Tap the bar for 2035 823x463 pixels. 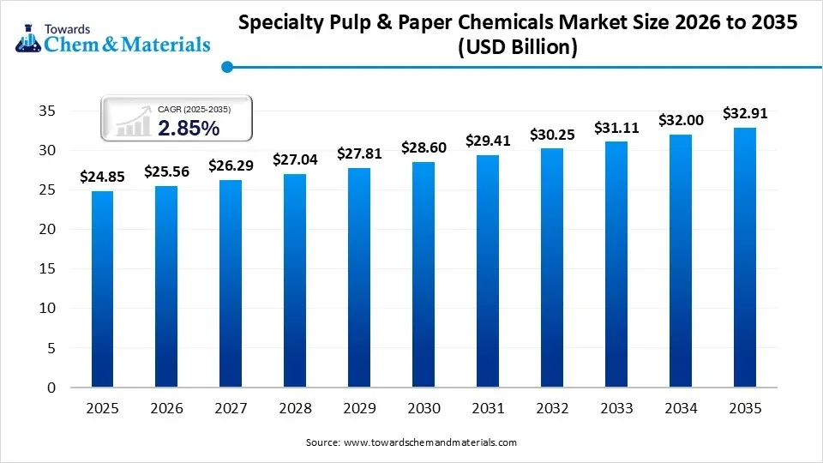tap(745, 257)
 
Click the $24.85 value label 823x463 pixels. tap(102, 177)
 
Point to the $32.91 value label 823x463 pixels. tap(745, 112)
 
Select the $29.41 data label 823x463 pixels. tap(488, 140)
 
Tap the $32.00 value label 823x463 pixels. tap(681, 121)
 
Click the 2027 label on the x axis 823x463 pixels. tap(231, 409)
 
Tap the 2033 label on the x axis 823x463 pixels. tap(616, 409)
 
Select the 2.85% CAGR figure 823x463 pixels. tap(189, 128)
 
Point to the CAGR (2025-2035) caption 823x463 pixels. tap(194, 109)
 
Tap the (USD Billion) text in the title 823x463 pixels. tap(518, 48)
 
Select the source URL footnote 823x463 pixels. tap(411, 442)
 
